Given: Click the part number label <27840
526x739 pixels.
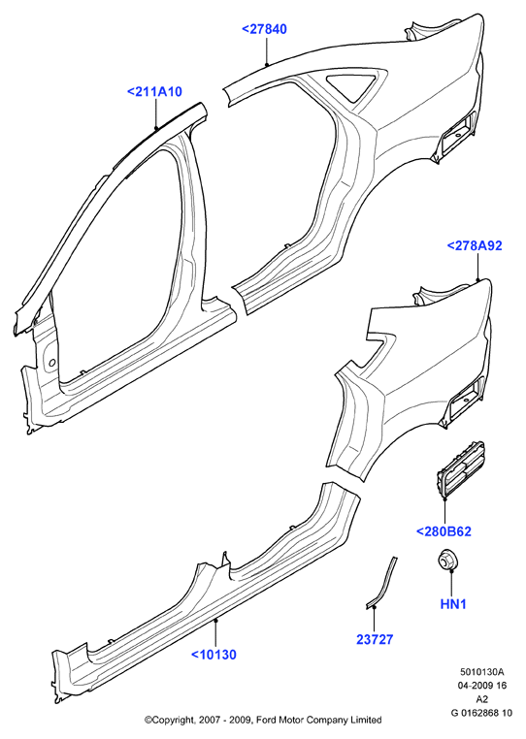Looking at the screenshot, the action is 264,29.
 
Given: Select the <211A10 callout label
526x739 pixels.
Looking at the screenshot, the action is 154,92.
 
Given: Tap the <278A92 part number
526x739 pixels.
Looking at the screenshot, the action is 475,245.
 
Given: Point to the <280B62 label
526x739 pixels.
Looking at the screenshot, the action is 444,531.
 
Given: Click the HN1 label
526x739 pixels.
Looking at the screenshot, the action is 453,604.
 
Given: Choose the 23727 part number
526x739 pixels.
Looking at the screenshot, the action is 375,639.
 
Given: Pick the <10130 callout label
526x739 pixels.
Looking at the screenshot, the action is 214,655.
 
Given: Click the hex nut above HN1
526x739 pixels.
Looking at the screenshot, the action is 446,560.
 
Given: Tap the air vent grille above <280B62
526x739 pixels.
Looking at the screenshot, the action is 460,469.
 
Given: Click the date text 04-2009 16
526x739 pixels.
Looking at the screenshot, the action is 482,686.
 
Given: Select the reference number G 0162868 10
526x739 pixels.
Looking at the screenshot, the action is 481,713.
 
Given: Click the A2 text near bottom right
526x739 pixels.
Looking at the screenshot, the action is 482,699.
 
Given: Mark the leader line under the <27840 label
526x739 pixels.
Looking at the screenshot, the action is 267,50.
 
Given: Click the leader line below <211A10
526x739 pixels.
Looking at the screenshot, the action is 156,113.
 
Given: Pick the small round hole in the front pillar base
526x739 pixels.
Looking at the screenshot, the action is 52,362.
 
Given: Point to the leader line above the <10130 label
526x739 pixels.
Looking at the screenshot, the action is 215,633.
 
